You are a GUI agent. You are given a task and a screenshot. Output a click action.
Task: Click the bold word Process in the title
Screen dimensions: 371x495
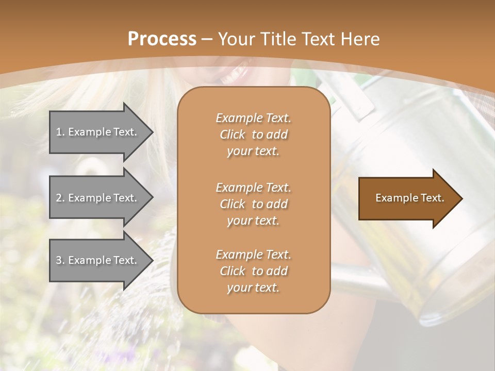click(x=162, y=39)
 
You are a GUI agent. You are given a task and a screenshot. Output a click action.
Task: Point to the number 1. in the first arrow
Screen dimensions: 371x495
click(x=60, y=132)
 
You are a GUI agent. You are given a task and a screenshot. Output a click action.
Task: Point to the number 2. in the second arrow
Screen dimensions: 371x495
click(x=60, y=198)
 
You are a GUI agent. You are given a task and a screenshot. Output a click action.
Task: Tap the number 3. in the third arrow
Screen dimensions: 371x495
click(x=60, y=260)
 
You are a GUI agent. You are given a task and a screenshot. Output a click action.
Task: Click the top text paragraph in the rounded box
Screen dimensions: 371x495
click(x=253, y=134)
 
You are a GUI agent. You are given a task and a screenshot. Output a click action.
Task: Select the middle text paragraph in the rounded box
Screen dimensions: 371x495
click(x=253, y=204)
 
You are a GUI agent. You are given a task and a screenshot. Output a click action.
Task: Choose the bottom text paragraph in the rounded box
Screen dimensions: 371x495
click(x=253, y=271)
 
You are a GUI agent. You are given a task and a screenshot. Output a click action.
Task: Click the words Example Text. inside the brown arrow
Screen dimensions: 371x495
click(x=409, y=198)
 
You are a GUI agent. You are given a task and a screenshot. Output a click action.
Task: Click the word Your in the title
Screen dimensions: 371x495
click(x=235, y=39)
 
